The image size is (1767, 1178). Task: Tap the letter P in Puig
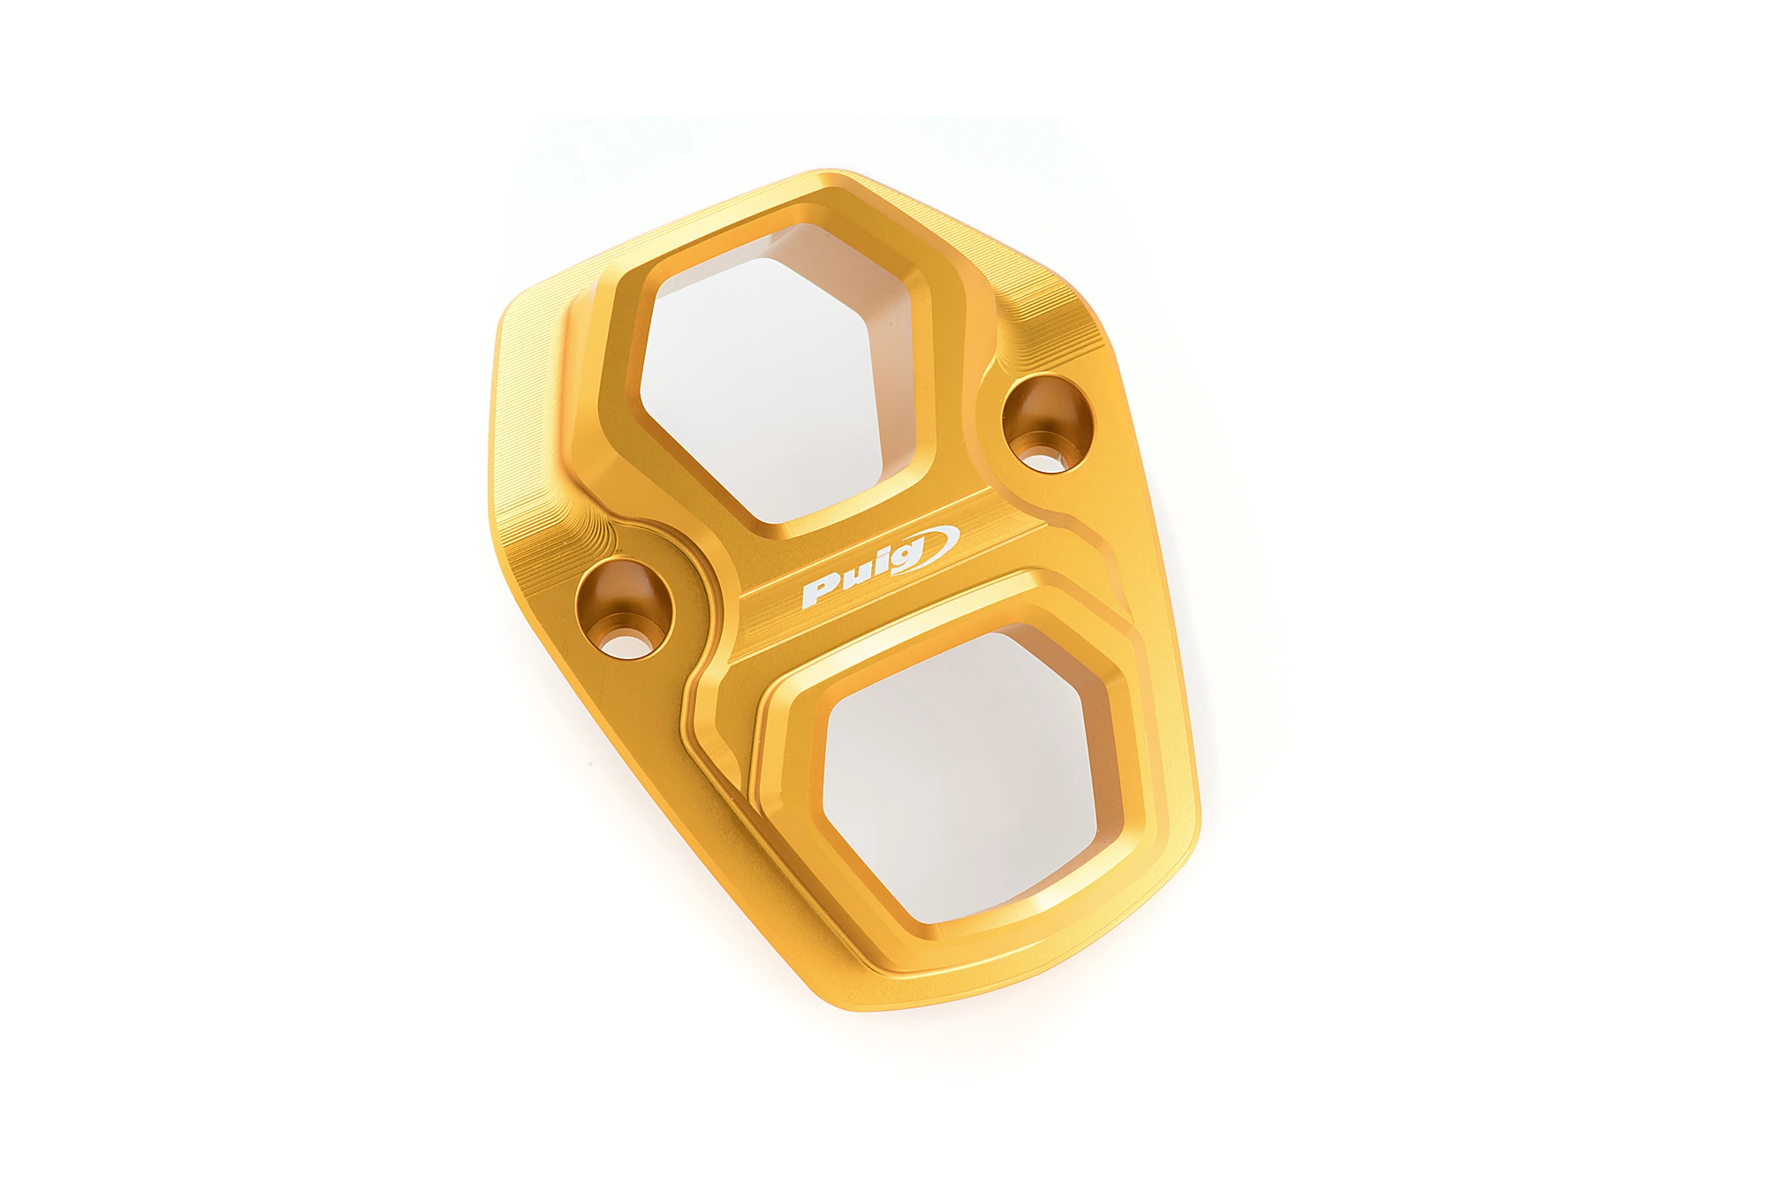818,593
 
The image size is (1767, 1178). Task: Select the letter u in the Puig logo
852,580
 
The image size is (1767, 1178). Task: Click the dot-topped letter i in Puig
878,568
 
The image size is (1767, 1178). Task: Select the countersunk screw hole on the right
1048,424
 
